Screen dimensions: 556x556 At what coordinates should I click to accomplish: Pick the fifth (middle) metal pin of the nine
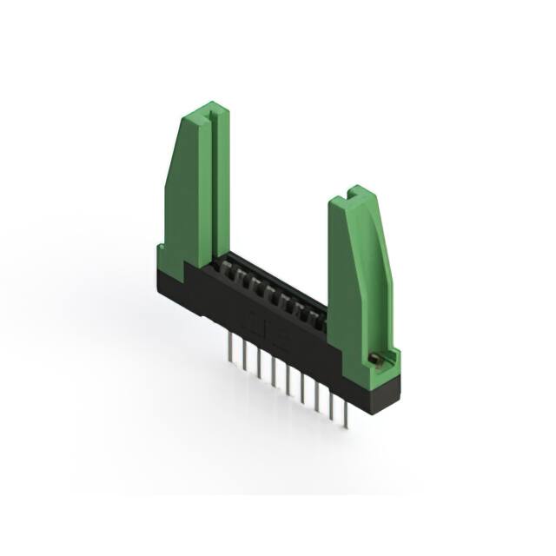tap(288, 382)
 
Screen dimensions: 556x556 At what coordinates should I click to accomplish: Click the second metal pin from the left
tap(243, 357)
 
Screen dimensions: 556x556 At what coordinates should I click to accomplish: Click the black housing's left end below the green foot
tap(174, 291)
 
